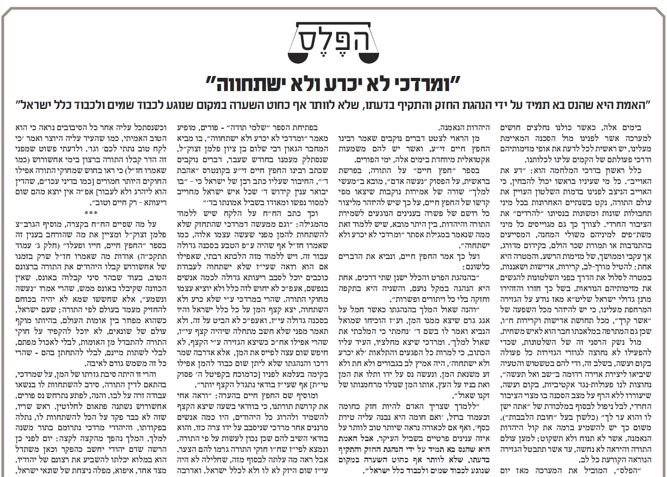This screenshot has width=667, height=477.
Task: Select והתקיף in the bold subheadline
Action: pos(399,105)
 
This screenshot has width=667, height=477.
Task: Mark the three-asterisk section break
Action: pos(91,213)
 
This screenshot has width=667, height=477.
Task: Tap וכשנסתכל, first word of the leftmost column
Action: pos(150,127)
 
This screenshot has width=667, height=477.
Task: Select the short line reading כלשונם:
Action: pos(477,267)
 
